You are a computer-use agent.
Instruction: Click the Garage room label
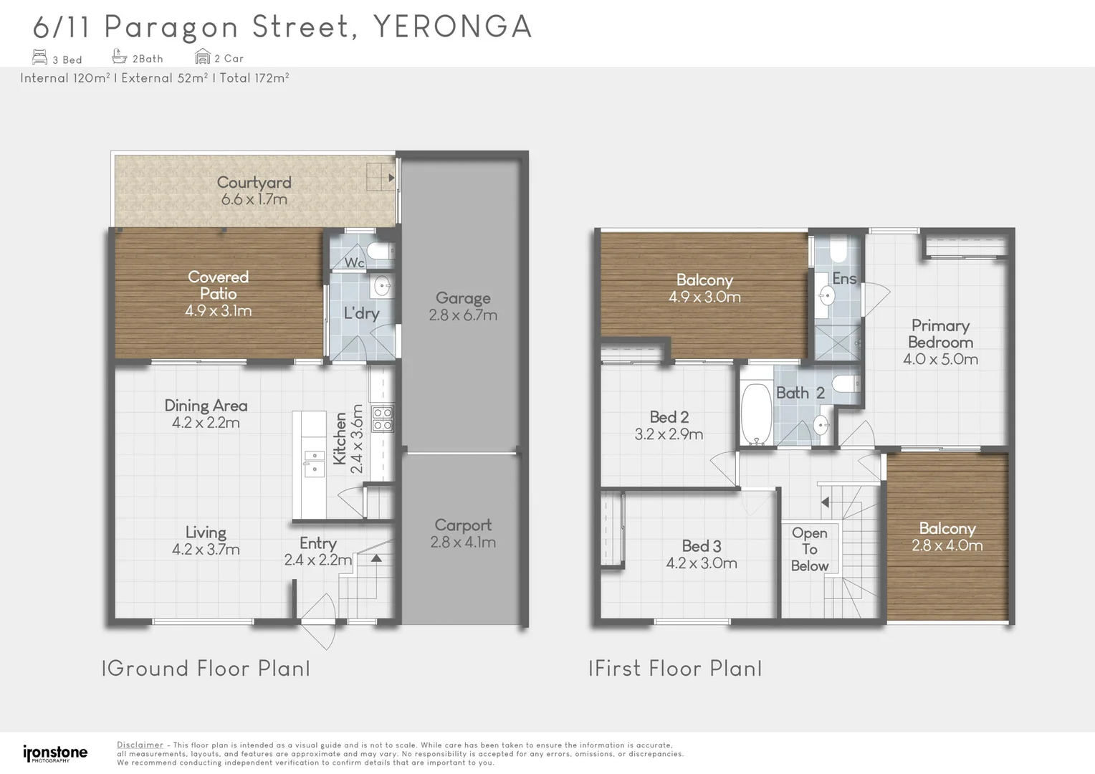[x=462, y=298]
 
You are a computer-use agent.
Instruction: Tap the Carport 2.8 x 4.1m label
[x=463, y=534]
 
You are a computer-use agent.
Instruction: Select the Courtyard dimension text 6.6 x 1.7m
[x=254, y=199]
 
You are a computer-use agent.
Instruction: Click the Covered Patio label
[x=218, y=285]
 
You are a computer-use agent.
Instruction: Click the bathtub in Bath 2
[x=755, y=414]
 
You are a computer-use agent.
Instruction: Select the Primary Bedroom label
[x=940, y=334]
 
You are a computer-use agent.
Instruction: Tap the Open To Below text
[x=810, y=549]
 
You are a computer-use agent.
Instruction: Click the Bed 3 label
[x=701, y=546]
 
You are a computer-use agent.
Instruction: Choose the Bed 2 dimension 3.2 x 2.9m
[x=669, y=434]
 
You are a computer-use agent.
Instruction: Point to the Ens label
[x=844, y=279]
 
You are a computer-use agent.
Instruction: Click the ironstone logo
[x=55, y=753]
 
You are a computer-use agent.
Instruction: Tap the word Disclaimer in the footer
[x=140, y=745]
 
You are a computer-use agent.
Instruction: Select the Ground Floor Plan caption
[x=206, y=669]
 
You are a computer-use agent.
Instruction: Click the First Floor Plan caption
[x=675, y=669]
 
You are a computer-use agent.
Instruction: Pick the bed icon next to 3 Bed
[x=40, y=57]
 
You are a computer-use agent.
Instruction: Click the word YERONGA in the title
[x=453, y=27]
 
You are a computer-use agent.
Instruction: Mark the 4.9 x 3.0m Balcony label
[x=704, y=288]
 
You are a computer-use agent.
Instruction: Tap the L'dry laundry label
[x=361, y=313]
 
